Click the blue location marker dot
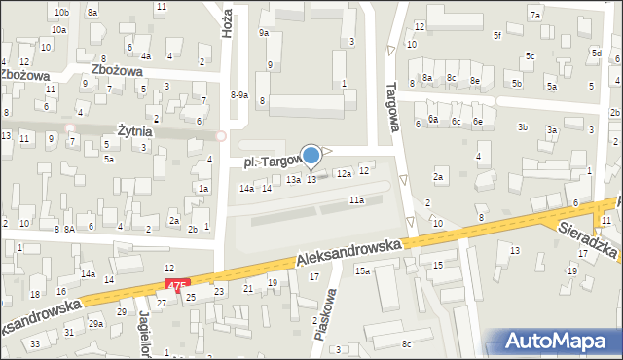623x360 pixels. coord(311,155)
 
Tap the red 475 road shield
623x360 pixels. coord(175,285)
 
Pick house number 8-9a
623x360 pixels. coord(239,95)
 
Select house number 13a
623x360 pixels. coord(293,180)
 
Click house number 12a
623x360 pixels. coord(344,173)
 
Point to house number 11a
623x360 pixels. coord(357,200)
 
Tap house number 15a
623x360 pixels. coord(362,270)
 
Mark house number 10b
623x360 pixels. coord(62,13)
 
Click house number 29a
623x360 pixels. coord(95,323)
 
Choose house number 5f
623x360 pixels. coord(496,36)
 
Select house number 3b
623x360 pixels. coord(523,127)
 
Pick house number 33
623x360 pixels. coord(35,343)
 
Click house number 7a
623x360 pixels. coord(534,16)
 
